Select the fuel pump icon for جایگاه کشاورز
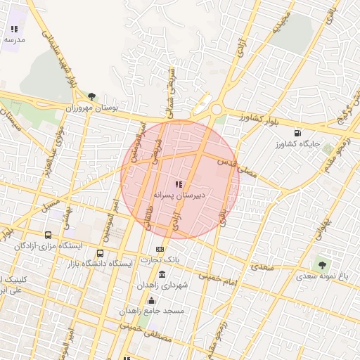[297, 132]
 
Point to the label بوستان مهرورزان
[91, 108]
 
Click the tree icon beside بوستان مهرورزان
[91, 97]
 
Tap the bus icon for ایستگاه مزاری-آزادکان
[48, 235]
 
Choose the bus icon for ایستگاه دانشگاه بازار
[100, 253]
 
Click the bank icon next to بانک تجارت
[161, 249]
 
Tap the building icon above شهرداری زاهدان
[162, 274]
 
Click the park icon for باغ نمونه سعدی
[322, 265]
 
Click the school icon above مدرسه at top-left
[14, 30]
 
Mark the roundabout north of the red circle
[216, 109]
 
